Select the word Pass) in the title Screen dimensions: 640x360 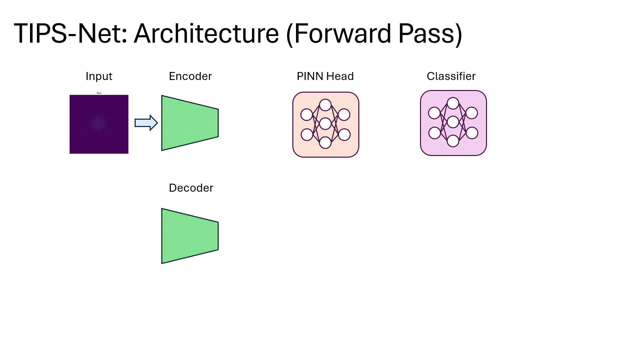430,34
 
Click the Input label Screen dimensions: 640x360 99,76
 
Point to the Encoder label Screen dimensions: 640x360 190,76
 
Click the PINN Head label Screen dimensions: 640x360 325,76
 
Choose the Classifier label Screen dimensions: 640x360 451,76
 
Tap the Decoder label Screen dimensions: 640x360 191,188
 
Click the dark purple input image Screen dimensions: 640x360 99,124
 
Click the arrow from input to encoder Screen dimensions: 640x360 146,123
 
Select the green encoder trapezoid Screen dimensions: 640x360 190,123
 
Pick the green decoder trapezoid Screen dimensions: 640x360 190,236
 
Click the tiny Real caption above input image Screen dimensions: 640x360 99,93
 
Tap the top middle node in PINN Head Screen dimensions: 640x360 325,105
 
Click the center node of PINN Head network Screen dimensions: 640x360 325,124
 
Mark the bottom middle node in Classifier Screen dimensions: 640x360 453,141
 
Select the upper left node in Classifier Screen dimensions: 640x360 434,113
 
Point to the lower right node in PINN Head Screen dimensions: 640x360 344,135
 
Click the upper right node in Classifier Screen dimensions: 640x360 472,113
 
